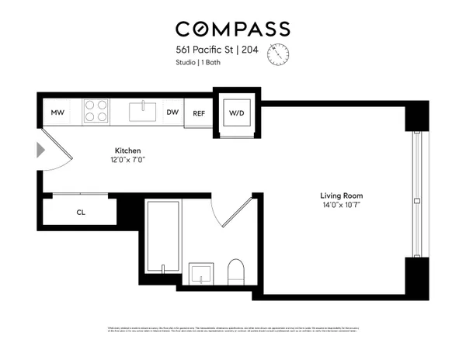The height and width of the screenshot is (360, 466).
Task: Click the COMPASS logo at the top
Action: tap(232, 29)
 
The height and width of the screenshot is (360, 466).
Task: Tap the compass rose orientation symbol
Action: tap(278, 54)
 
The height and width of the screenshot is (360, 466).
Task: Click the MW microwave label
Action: tap(57, 113)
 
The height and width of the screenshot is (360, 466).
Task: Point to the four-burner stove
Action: tap(96, 112)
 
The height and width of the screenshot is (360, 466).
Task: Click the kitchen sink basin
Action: tap(144, 112)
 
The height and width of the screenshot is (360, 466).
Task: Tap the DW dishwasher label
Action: tap(173, 112)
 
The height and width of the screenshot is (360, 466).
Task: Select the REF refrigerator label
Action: tap(199, 113)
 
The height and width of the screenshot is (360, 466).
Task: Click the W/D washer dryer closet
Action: tap(236, 113)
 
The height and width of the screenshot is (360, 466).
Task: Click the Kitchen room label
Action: tap(127, 151)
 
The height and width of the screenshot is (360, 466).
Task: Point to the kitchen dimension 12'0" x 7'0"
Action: tap(127, 160)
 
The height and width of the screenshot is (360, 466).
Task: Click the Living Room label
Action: tap(342, 196)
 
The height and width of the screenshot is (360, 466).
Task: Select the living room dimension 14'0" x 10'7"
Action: tap(342, 205)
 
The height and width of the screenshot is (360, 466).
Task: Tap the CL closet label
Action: tap(81, 212)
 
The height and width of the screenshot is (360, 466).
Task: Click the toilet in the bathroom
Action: tap(236, 271)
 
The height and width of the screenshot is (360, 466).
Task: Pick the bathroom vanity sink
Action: tap(203, 273)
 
